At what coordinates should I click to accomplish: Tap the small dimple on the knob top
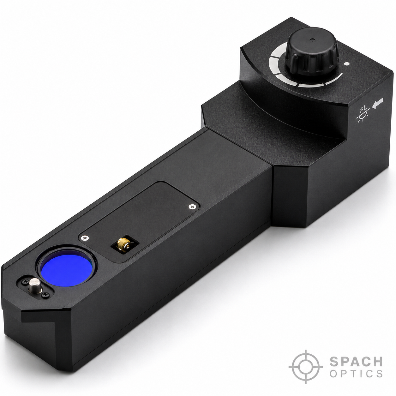tap(312, 39)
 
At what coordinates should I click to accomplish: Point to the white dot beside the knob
tap(347, 64)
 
